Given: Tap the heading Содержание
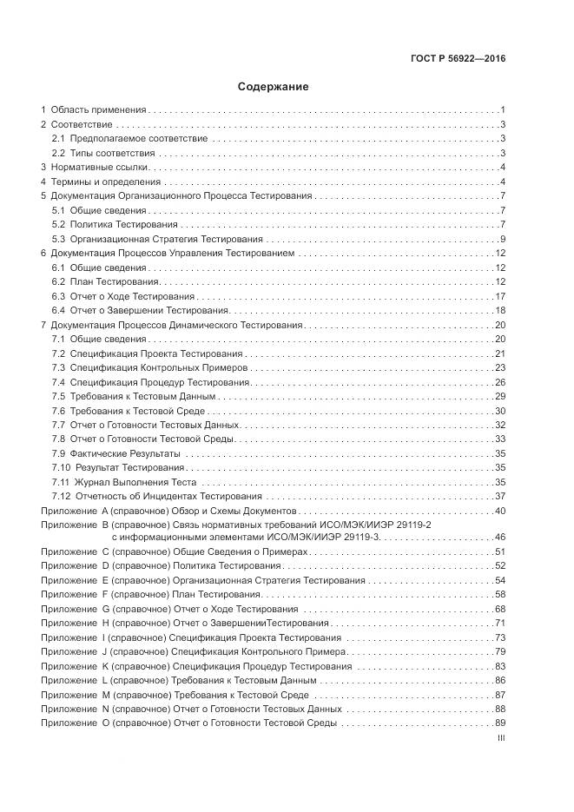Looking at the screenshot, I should pyautogui.click(x=273, y=87).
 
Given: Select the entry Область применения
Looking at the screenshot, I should pyautogui.click(x=97, y=110).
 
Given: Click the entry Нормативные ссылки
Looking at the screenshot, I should pyautogui.click(x=101, y=167).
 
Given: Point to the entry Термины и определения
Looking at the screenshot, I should pyautogui.click(x=106, y=182).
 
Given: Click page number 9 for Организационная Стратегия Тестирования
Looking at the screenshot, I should pyautogui.click(x=503, y=239).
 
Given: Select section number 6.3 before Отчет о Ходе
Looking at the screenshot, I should pyautogui.click(x=58, y=296).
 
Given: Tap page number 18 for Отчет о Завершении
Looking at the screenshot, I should pyautogui.click(x=500, y=311).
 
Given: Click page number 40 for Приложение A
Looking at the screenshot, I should pyautogui.click(x=500, y=512).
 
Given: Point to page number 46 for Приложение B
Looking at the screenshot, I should pyautogui.click(x=500, y=538).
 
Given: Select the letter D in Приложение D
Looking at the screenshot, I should pyautogui.click(x=105, y=566).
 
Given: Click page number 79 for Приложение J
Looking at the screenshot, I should pyautogui.click(x=500, y=651).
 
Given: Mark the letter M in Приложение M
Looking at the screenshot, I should pyautogui.click(x=106, y=695).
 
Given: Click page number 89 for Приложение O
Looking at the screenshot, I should pyautogui.click(x=500, y=723).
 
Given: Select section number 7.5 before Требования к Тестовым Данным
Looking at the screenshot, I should pyautogui.click(x=58, y=396).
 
